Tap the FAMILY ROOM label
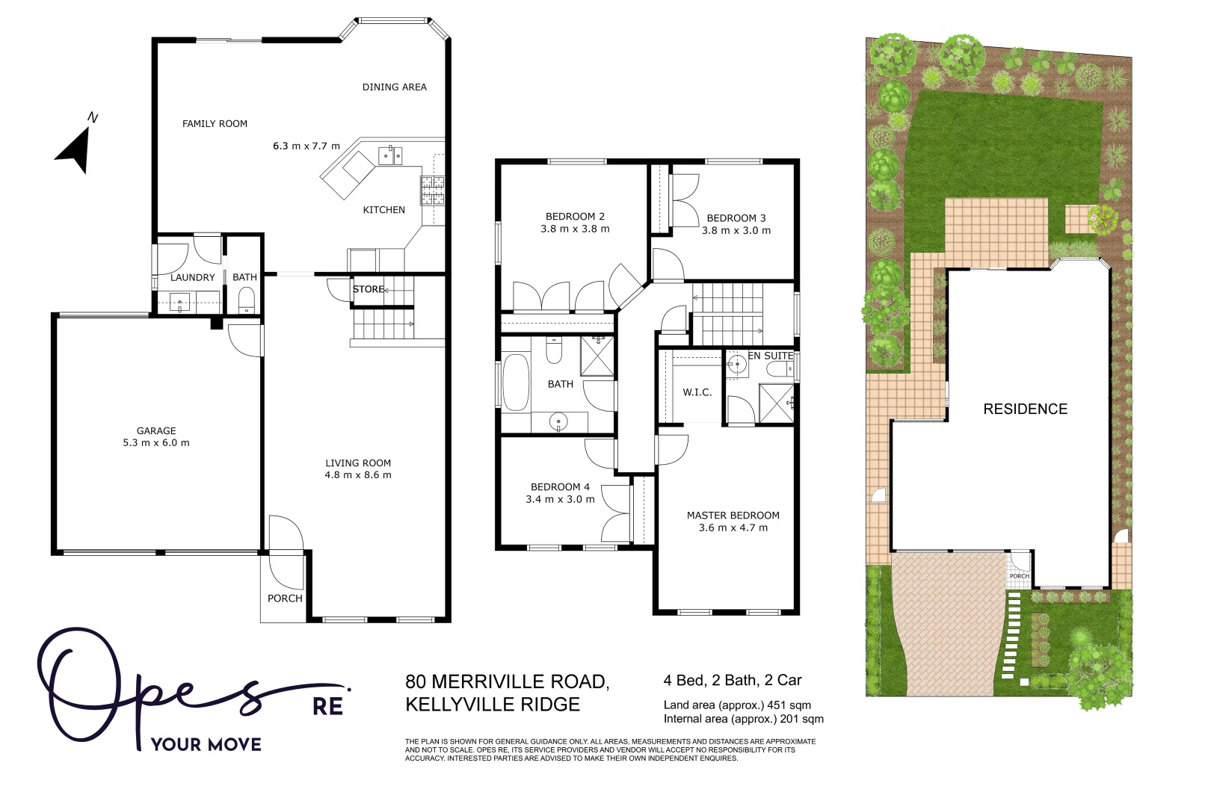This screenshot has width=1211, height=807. (x=215, y=124)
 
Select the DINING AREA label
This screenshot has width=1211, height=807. (x=394, y=87)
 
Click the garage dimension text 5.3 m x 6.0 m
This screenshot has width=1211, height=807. (x=156, y=443)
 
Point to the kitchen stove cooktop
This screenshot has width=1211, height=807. (x=432, y=191)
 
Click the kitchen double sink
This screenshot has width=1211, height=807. (x=390, y=155)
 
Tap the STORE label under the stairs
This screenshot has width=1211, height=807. (x=368, y=289)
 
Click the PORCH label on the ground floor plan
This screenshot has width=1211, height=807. (x=285, y=599)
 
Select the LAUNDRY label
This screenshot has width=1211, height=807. (x=192, y=277)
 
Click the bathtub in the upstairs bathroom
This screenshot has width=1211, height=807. (x=516, y=383)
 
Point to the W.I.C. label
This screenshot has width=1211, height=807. (x=697, y=392)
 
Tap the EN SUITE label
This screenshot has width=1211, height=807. (x=771, y=356)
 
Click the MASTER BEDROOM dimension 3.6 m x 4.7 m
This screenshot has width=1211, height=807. (x=733, y=528)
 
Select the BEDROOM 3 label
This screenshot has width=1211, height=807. (x=736, y=218)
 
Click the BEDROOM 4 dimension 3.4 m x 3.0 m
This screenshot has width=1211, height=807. (x=560, y=500)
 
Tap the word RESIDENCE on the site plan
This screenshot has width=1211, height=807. (x=1025, y=409)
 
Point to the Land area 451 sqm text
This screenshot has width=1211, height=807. (x=736, y=705)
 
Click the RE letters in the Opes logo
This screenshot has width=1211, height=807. (x=327, y=706)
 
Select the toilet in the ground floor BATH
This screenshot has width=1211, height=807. (x=247, y=302)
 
